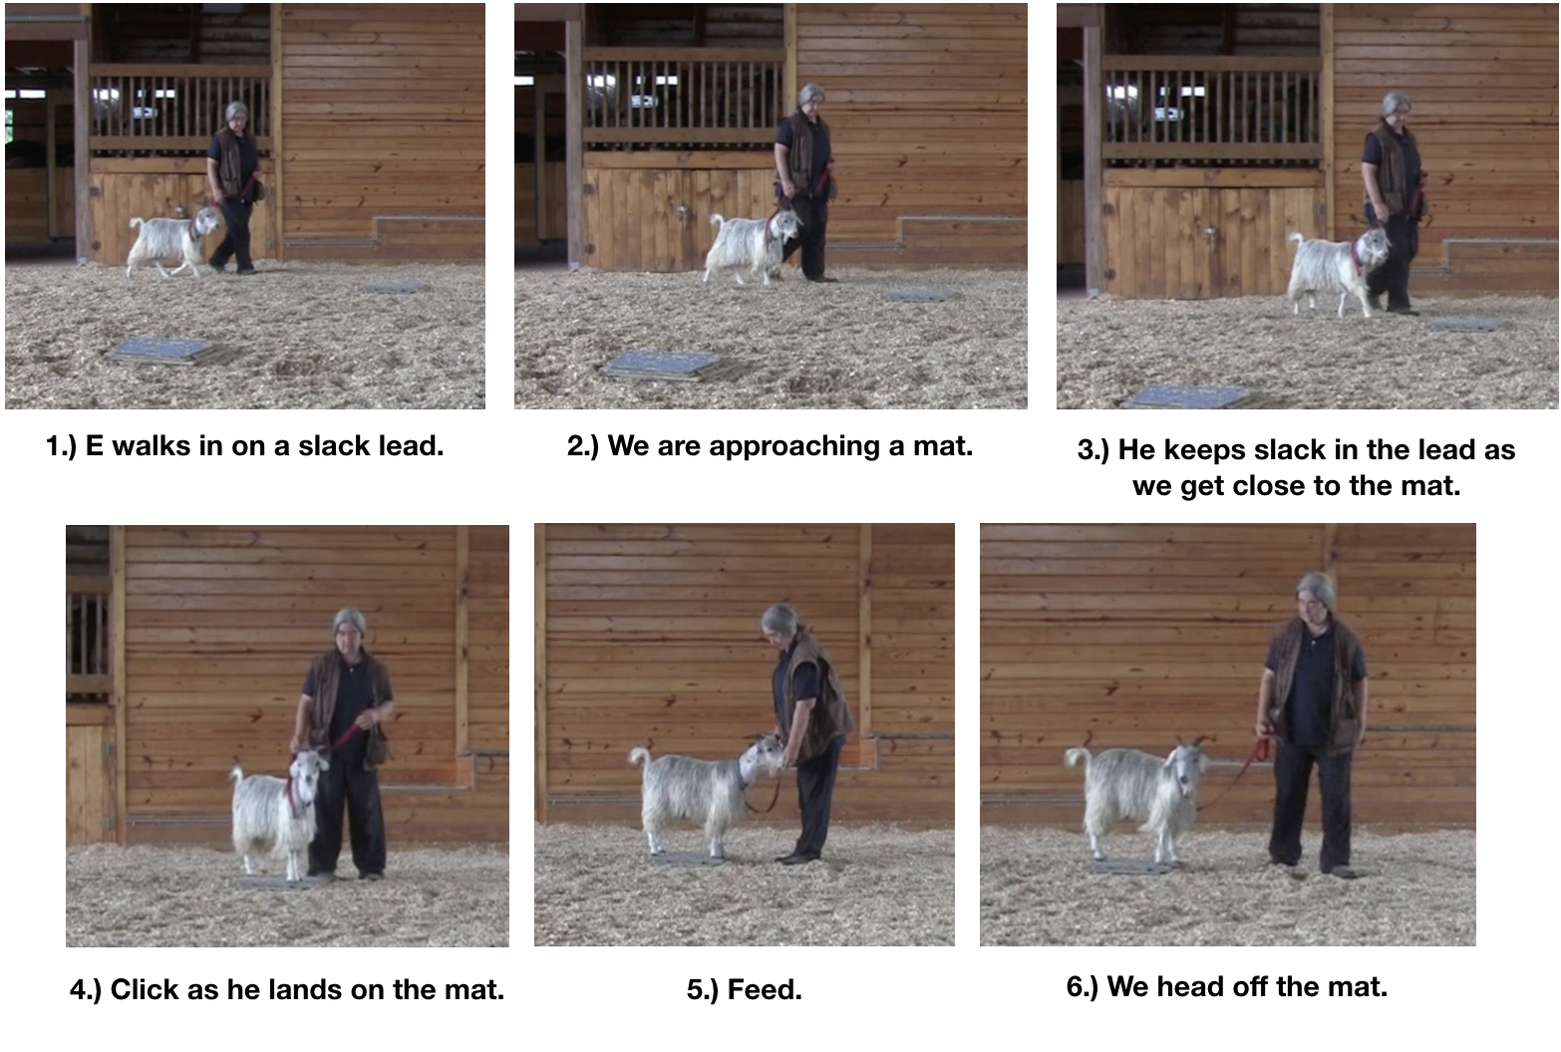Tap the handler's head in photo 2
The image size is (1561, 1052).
(811, 98)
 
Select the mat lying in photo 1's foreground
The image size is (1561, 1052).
(160, 350)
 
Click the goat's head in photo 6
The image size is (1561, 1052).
(1187, 766)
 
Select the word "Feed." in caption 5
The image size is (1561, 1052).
(765, 989)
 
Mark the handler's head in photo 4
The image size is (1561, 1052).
(350, 626)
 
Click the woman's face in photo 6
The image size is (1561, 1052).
(1315, 600)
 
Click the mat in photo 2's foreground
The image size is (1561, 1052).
(663, 365)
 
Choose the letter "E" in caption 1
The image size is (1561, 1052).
(95, 446)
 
